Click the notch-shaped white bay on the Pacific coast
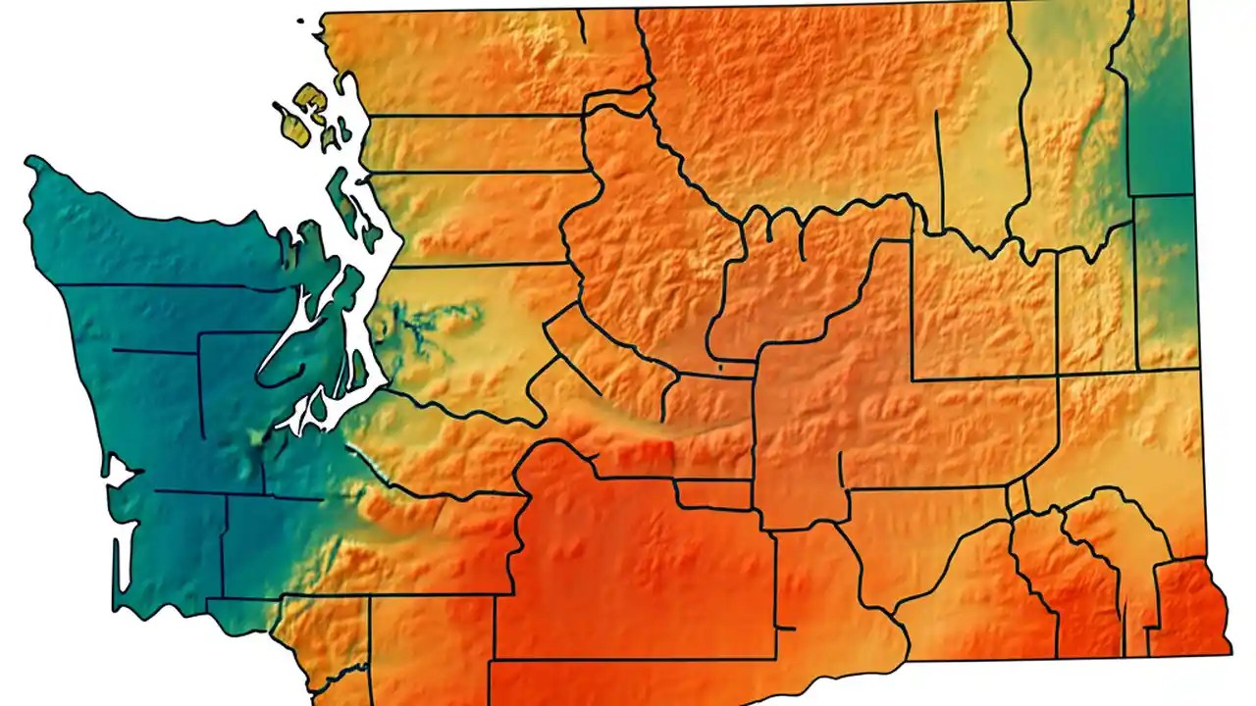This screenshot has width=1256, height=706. point(118,473)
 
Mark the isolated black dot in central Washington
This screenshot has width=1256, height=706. point(720,368)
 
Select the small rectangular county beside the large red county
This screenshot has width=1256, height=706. point(714,494)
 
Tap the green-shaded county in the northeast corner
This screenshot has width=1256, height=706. point(1160,108)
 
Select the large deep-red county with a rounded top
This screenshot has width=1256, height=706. point(628,569)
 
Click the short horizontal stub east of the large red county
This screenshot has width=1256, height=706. point(784,628)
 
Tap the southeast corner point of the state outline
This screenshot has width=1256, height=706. point(1230,652)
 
